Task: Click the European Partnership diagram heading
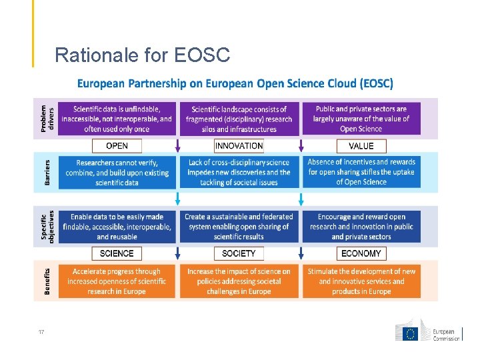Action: coord(235,84)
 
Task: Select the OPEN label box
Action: coord(117,145)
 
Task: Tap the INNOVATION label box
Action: coord(239,145)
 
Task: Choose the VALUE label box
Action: coord(361,145)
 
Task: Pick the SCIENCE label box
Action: coord(117,253)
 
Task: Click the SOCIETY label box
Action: coord(239,253)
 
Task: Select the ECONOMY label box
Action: coord(361,253)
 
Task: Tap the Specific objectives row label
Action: coord(46,226)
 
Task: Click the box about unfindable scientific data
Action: coord(117,119)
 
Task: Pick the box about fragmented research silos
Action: coord(239,119)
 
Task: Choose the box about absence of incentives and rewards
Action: coord(361,172)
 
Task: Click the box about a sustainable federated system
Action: coord(239,226)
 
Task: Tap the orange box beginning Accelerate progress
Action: coord(117,281)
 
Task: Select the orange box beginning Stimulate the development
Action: coord(361,281)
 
